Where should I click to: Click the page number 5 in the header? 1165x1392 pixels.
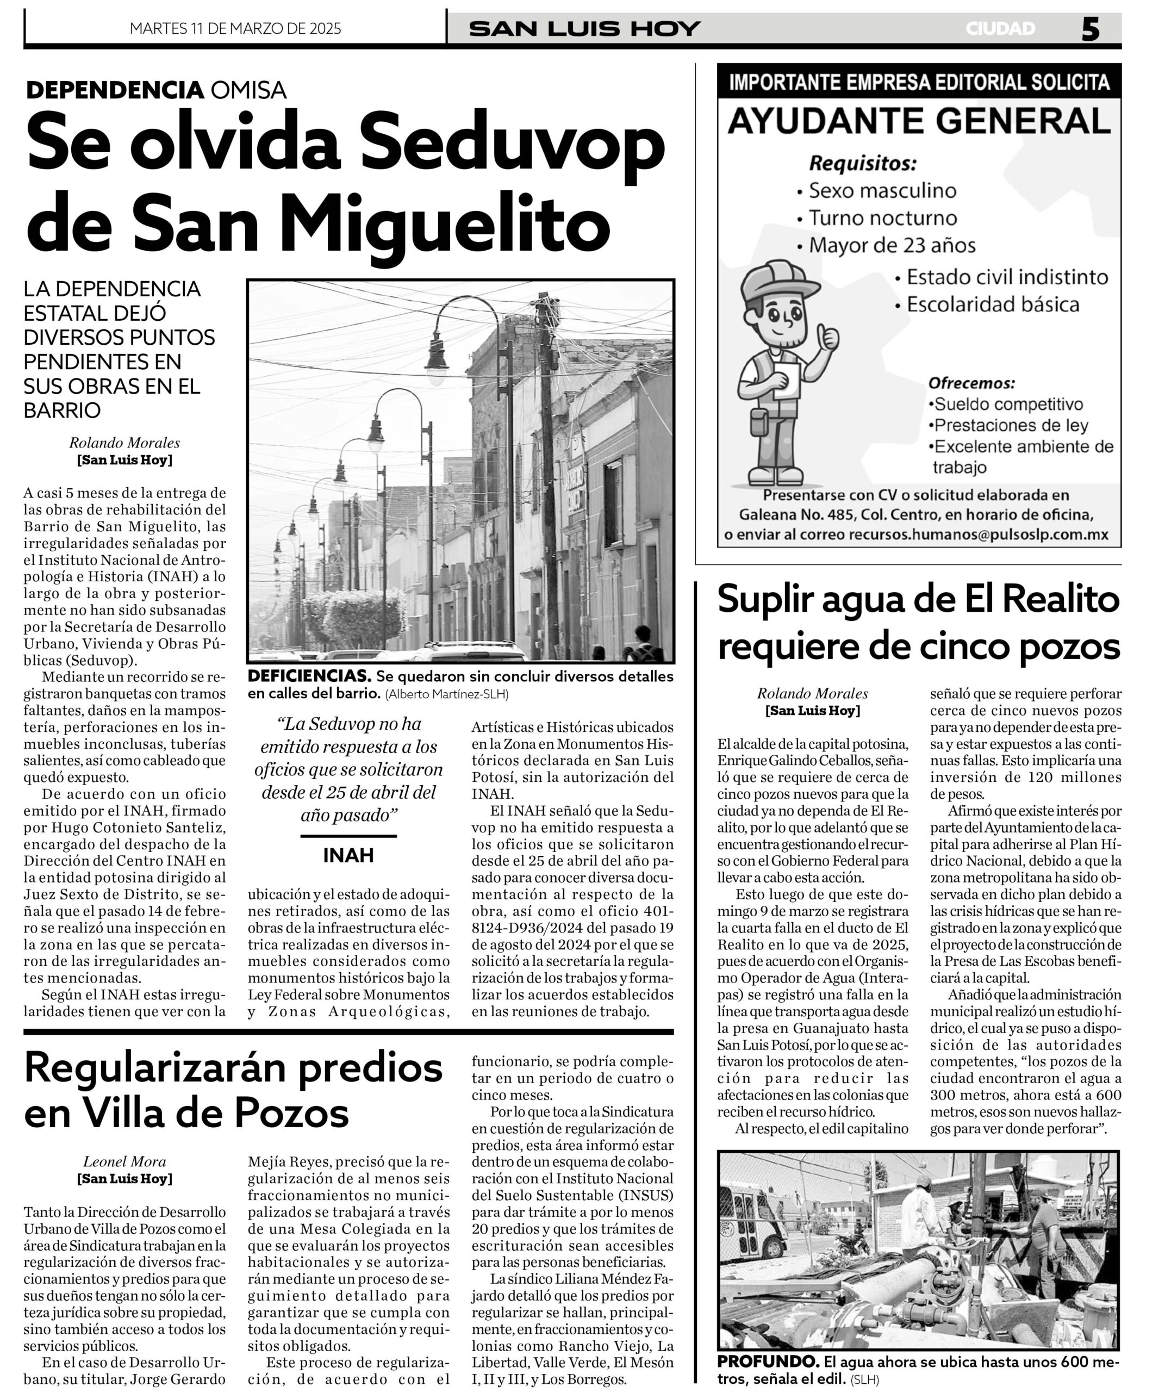1090,29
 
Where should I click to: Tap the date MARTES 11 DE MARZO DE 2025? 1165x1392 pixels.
235,28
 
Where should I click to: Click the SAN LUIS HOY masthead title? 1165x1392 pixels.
584,28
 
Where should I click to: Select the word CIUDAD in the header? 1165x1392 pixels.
1000,28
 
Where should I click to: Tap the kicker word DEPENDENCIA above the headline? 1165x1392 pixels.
114,90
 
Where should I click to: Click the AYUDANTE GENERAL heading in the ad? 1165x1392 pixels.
919,121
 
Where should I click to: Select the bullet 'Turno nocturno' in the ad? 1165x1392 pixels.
883,218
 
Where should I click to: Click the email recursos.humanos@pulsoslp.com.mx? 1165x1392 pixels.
978,535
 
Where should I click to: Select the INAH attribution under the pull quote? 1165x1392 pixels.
348,856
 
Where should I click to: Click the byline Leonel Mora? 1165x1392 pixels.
124,1161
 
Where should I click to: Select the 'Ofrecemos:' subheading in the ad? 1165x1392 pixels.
971,383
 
